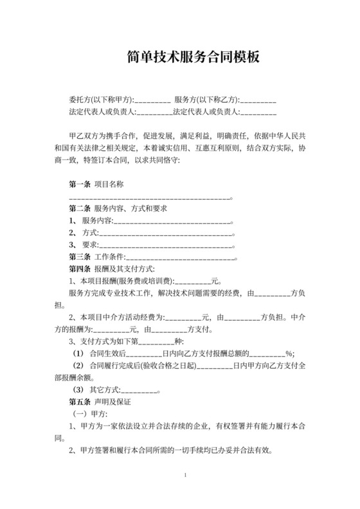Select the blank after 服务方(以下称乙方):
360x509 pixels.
[258, 100]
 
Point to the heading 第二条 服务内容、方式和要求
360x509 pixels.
[118, 209]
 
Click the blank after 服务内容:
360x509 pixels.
[172, 221]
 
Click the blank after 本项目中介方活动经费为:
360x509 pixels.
[183, 317]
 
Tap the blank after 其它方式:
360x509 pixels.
[139, 389]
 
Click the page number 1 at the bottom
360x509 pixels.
[184, 475]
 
